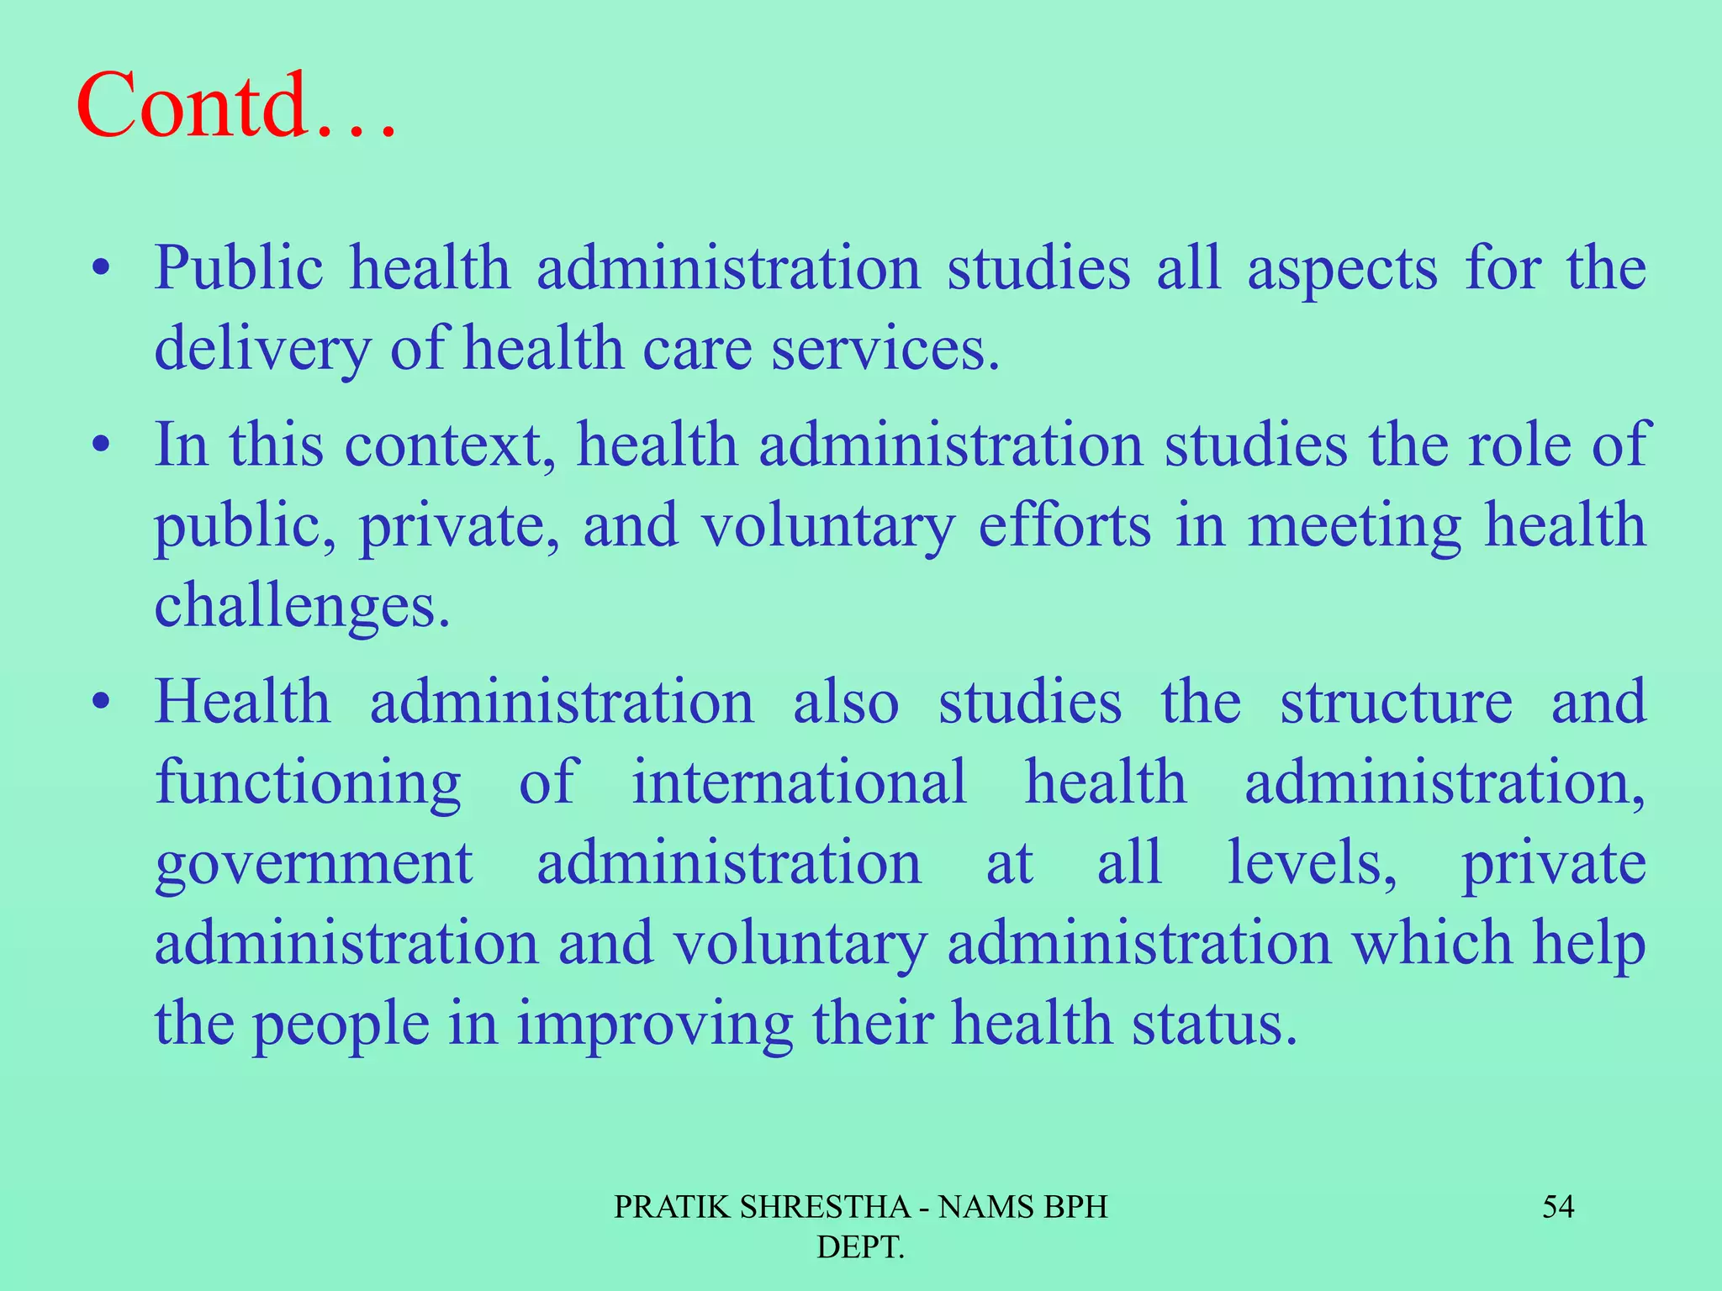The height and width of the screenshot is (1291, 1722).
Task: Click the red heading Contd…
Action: click(x=235, y=108)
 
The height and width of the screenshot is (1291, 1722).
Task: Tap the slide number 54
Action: click(x=1557, y=1207)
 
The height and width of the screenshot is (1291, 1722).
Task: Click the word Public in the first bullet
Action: click(x=239, y=269)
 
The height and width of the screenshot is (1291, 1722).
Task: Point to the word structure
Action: click(x=1396, y=702)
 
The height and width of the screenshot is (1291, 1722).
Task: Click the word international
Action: click(x=799, y=783)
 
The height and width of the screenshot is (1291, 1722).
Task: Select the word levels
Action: click(x=1312, y=863)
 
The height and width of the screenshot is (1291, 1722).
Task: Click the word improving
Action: click(x=654, y=1025)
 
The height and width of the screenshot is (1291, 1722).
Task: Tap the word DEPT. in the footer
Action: click(x=860, y=1247)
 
